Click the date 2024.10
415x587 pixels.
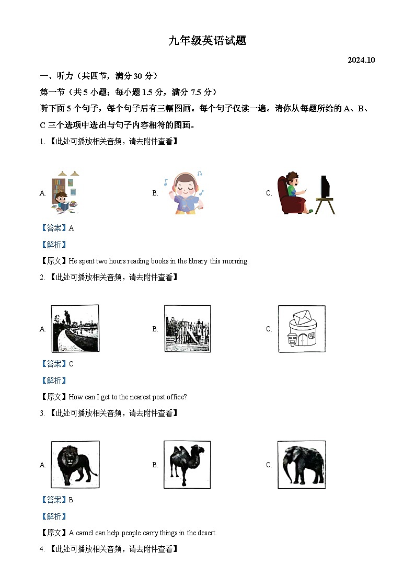tap(361, 60)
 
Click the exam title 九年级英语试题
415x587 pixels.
tap(208, 40)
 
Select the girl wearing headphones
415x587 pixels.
tap(184, 193)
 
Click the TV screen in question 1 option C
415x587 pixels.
tap(325, 187)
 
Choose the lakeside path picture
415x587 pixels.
tap(75, 328)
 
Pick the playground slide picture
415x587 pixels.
tap(188, 328)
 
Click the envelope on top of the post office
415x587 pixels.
tap(302, 317)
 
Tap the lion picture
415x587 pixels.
tap(75, 465)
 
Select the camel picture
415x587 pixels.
tap(187, 465)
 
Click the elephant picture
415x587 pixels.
tap(302, 465)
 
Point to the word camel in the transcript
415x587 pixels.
tap(84, 533)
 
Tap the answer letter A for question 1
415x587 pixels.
tap(72, 228)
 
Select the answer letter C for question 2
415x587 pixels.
tap(72, 364)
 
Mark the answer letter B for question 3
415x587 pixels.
tap(71, 500)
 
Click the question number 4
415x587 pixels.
tap(42, 549)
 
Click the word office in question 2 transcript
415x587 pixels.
tap(177, 397)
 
